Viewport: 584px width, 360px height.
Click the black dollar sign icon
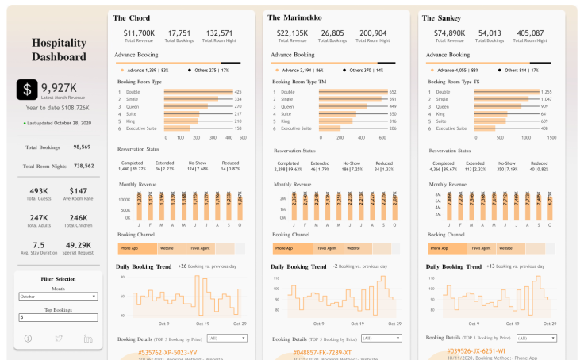pyautogui.click(x=29, y=90)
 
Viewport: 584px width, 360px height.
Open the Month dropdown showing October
pyautogui.click(x=58, y=296)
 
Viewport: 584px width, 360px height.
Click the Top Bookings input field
pyautogui.click(x=58, y=317)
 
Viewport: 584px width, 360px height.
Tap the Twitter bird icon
pyautogui.click(x=58, y=339)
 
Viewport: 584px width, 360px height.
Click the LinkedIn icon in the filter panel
pyautogui.click(x=87, y=339)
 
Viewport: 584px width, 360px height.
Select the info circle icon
pyautogui.click(x=29, y=339)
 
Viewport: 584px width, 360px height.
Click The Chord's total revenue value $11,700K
pyautogui.click(x=139, y=33)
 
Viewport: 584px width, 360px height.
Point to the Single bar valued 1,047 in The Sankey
pyautogui.click(x=508, y=99)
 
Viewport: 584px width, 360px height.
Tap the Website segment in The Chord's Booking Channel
pyautogui.click(x=168, y=248)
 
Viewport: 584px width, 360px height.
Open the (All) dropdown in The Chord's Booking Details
pyautogui.click(x=226, y=338)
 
